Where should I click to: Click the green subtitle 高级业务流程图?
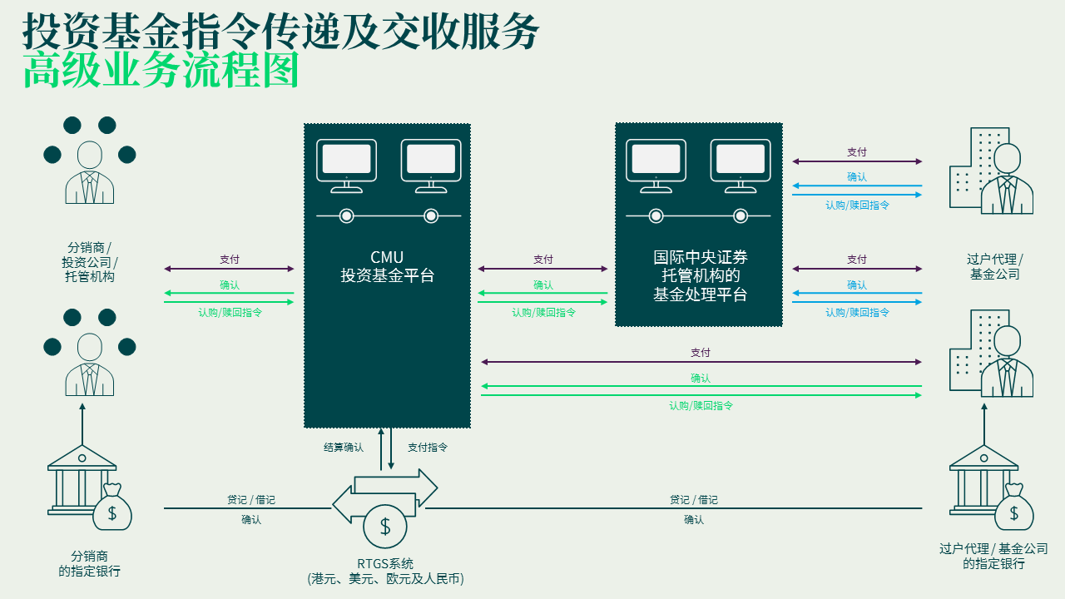point(161,71)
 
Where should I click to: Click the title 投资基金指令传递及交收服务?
point(280,31)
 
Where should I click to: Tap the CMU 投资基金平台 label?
point(387,266)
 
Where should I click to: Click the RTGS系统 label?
point(385,563)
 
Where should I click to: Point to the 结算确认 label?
point(344,448)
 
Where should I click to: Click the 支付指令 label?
point(428,448)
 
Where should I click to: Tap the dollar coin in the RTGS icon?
point(385,526)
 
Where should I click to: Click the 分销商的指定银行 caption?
point(89,563)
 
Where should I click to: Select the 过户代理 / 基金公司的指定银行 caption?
point(993,556)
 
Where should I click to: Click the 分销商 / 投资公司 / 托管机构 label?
point(89,262)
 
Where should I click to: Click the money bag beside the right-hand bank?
point(1013,509)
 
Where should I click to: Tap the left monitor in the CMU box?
point(346,161)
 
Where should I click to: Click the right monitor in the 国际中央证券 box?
point(741,161)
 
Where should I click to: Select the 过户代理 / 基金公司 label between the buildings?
point(994,266)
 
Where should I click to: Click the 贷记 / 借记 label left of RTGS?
point(250,500)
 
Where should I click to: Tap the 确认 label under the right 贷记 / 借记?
point(694,520)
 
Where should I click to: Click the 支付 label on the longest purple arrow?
point(701,353)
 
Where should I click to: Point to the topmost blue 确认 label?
point(857,177)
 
